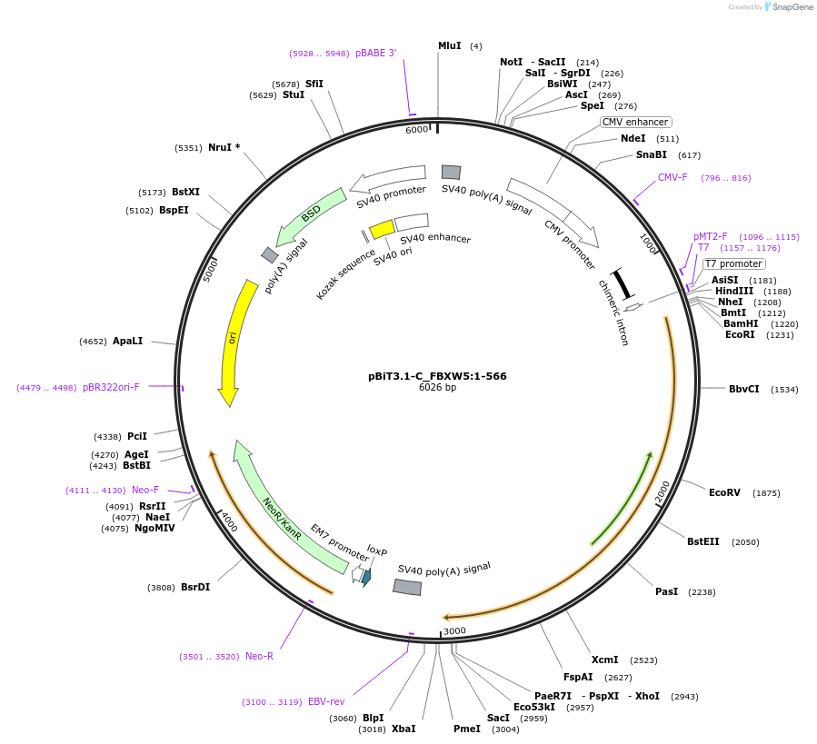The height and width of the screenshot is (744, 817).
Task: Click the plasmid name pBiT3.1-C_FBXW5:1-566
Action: pos(437,375)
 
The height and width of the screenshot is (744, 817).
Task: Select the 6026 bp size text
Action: pos(437,387)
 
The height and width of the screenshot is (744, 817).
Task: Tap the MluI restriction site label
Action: pos(450,45)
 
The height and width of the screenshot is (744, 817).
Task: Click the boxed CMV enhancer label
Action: pos(635,122)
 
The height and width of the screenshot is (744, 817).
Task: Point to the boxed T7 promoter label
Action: pos(733,263)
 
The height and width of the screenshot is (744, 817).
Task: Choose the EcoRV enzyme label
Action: pos(724,492)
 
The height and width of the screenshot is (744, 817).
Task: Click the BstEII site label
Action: pos(702,541)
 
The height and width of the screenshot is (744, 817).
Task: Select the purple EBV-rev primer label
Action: pos(326,701)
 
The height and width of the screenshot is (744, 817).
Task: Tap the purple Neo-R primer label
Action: pos(259,656)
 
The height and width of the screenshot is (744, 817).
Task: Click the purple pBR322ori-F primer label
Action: pos(111,387)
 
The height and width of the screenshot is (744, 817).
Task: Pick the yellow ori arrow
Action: pos(233,341)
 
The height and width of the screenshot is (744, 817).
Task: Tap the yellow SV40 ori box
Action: pos(382,228)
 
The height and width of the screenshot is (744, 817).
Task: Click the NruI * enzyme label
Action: pos(224,147)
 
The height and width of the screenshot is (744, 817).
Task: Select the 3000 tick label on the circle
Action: pos(454,631)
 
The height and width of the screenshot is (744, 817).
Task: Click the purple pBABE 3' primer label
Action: pos(375,54)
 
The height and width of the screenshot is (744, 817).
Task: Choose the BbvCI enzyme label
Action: pos(743,389)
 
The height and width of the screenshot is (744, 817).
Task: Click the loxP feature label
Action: pos(377,551)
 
